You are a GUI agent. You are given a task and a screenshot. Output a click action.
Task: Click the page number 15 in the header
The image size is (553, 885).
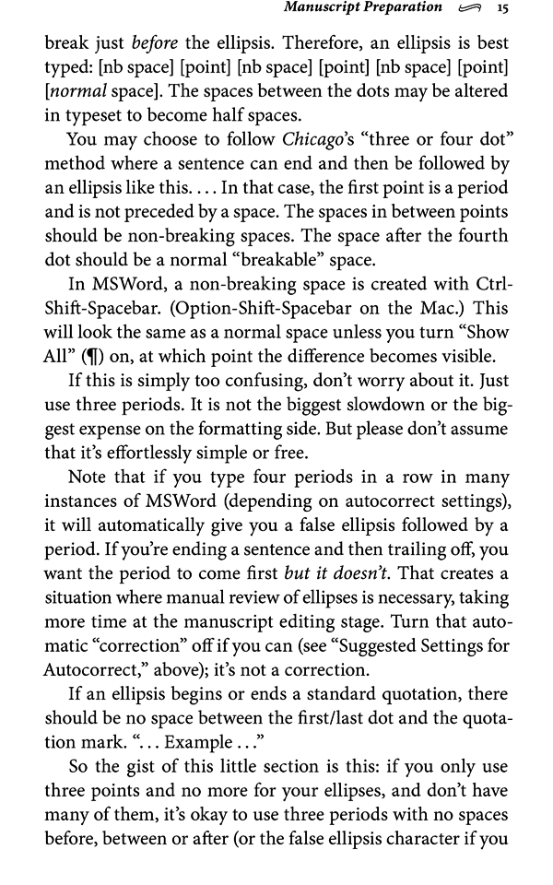coord(502,8)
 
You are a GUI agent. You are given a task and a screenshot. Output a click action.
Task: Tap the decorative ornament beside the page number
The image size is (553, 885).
coord(468,9)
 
